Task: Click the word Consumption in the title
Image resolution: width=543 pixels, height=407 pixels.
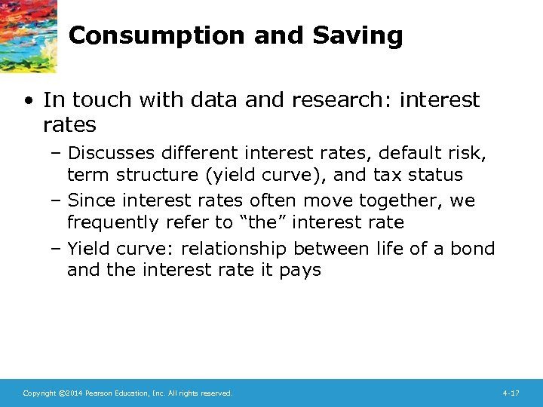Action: (134, 35)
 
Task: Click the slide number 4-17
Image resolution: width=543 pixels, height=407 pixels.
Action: (511, 393)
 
